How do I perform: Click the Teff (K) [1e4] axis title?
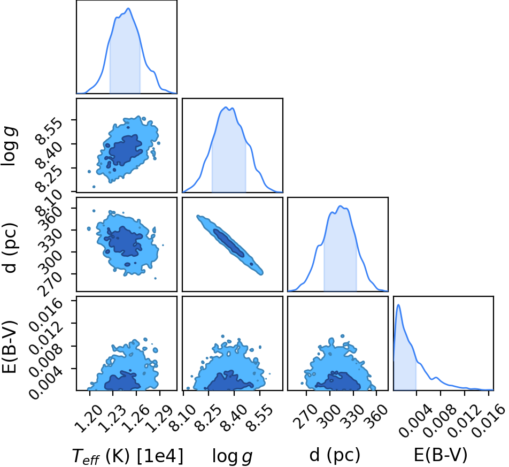coord(128,456)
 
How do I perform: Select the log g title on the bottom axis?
coord(232,456)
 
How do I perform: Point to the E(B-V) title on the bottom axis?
coord(441,455)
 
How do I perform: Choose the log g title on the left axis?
coord(10,147)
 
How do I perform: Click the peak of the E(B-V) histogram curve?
coord(398,304)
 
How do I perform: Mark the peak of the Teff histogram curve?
coord(128,9)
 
